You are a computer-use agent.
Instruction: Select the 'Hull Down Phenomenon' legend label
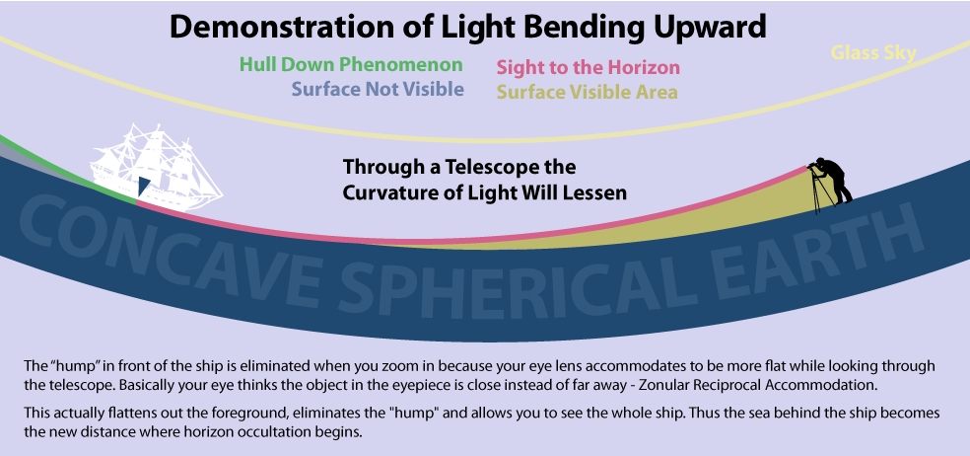[351, 64]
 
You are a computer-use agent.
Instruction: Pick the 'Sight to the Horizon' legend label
[588, 67]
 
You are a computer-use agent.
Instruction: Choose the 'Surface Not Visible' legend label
[378, 89]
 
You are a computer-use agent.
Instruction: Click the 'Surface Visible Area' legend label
[587, 93]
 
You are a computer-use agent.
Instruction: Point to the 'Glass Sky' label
[872, 52]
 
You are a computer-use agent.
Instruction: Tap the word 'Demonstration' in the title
[281, 27]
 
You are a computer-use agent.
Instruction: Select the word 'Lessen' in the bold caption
[592, 192]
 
